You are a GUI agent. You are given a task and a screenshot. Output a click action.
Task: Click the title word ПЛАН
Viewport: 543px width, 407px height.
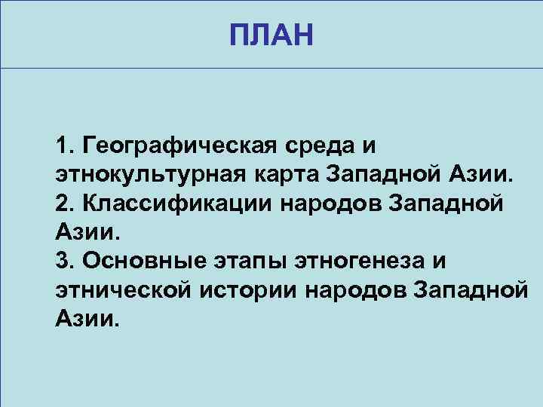coord(271,35)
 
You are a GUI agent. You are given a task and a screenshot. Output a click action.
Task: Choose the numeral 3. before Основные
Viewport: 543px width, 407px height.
coord(65,260)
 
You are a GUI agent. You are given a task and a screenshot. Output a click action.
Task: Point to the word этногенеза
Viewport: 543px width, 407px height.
coord(354,260)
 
